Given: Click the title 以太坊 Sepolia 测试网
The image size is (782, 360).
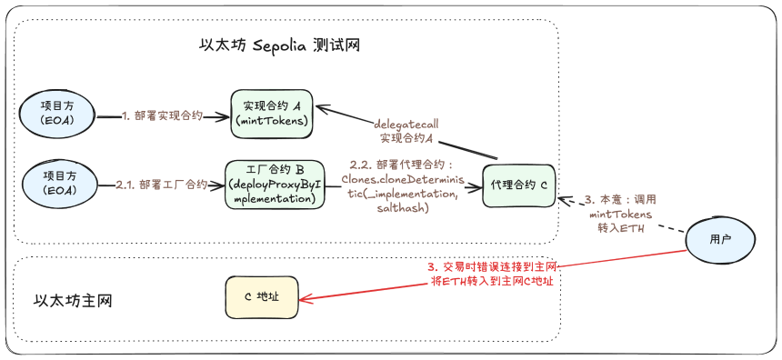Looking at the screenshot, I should pos(279,45).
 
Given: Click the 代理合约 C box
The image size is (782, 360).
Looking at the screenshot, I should pos(518,185).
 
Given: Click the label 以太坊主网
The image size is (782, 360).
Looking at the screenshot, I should pos(74,300).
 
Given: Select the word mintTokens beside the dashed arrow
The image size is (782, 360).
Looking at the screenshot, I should pos(620,215).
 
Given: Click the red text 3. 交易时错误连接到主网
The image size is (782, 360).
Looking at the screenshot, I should pos(492,267).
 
